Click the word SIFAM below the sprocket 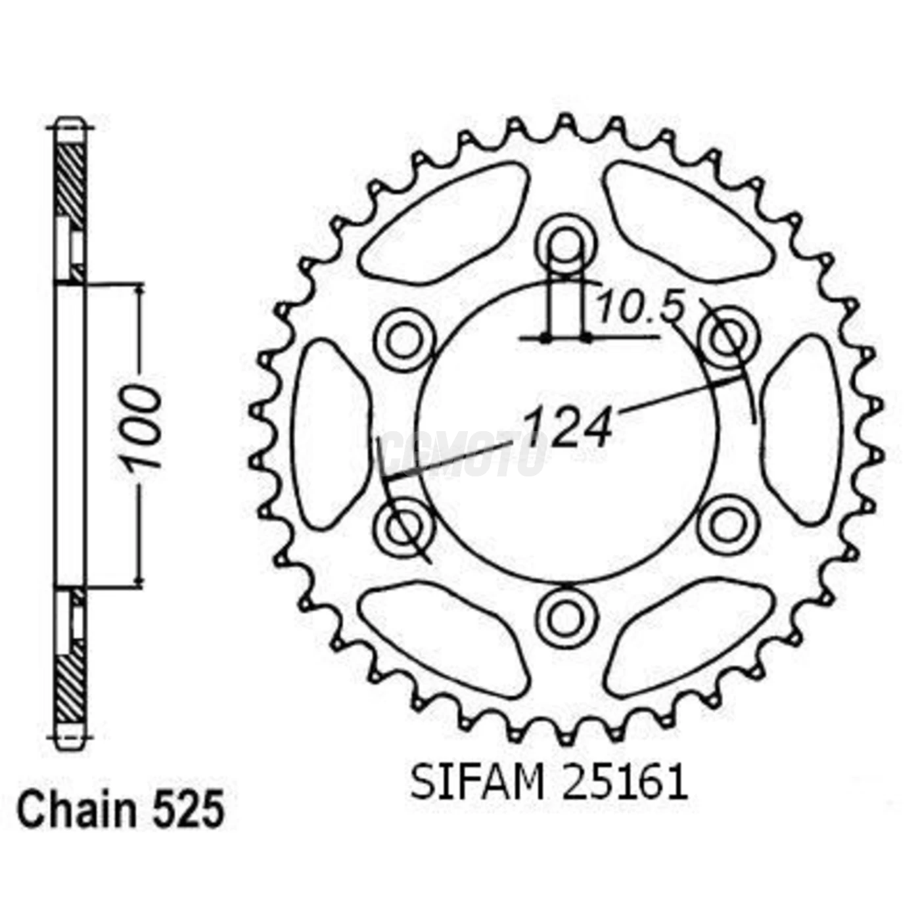(477, 783)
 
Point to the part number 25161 (624, 783)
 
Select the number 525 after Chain (189, 811)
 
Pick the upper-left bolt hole (403, 340)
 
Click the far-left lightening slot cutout (329, 434)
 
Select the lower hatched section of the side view (70, 683)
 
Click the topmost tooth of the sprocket (565, 124)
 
